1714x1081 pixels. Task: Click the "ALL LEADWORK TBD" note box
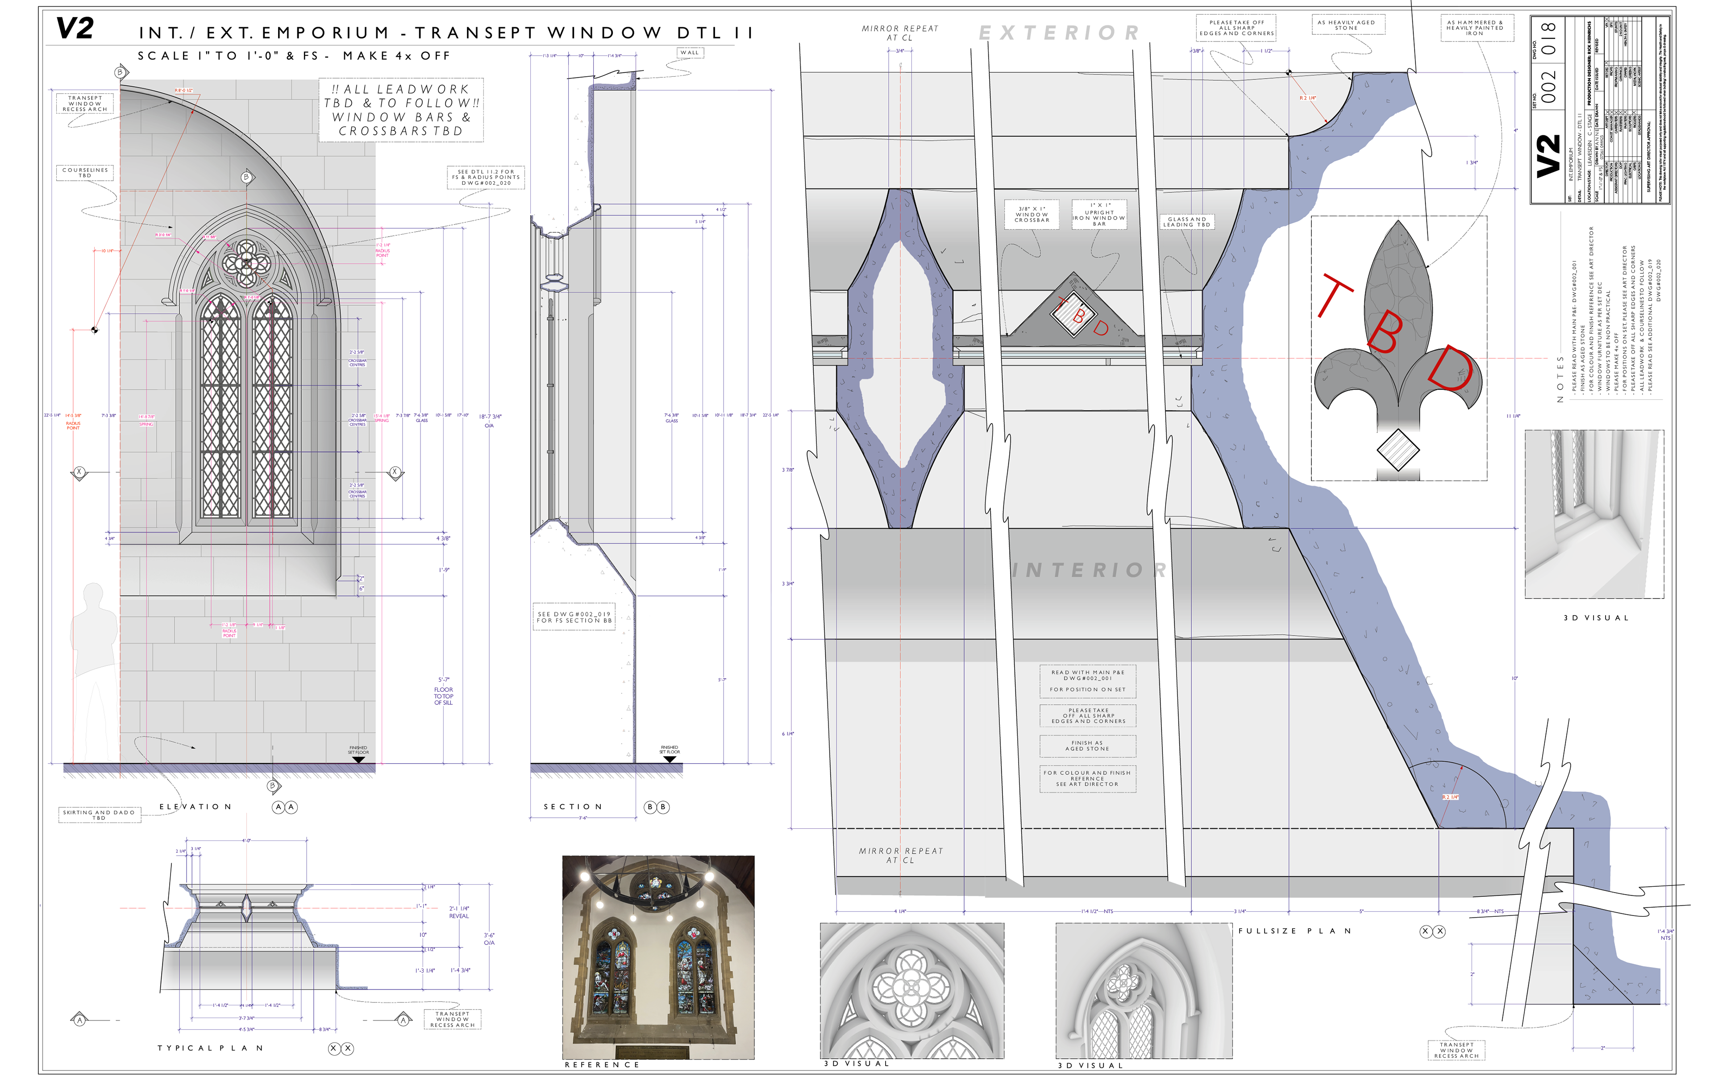click(x=401, y=110)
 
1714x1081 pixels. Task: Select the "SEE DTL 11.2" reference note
click(x=486, y=177)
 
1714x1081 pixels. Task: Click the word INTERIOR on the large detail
click(x=1089, y=570)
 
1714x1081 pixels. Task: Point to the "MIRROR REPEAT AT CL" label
click(x=900, y=856)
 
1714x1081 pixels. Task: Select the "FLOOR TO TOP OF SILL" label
click(x=443, y=696)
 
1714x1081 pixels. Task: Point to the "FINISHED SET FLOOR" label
click(x=358, y=750)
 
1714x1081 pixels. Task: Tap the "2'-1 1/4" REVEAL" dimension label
click(x=459, y=912)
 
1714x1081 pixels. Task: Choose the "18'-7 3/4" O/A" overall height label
click(x=490, y=420)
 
